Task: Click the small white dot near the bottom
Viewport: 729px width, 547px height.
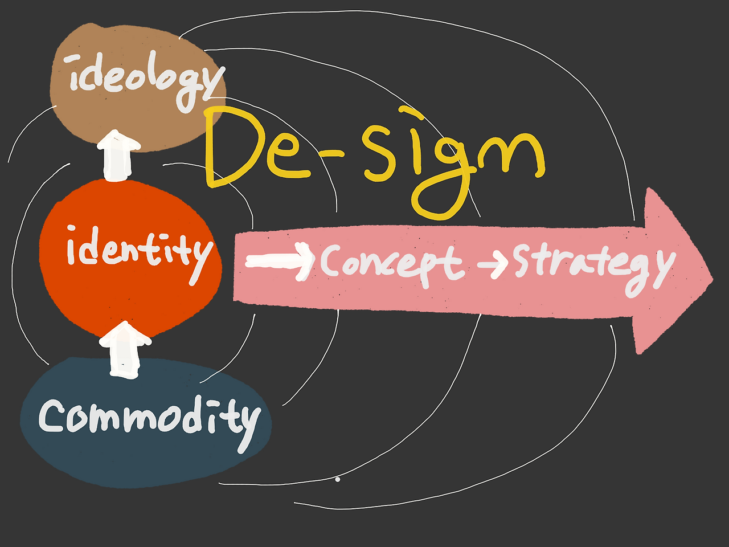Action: click(338, 479)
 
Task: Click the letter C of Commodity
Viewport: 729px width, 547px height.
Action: click(54, 415)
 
